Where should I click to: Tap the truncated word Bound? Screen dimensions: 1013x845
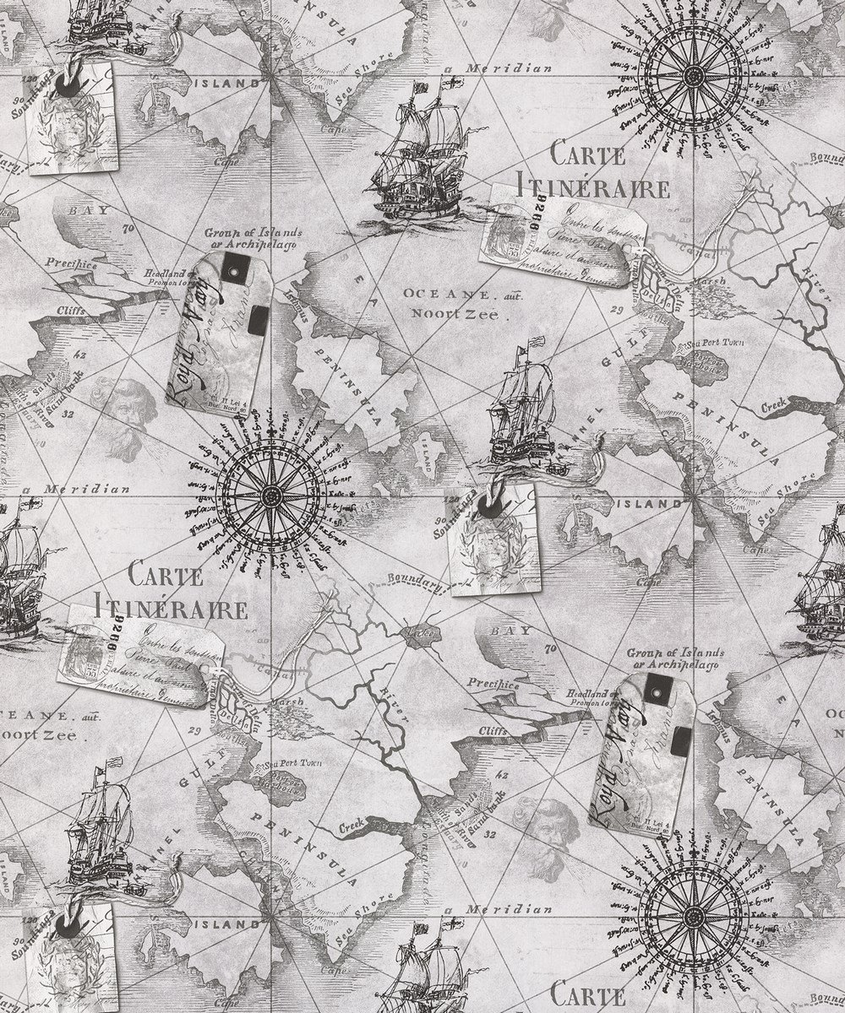pyautogui.click(x=826, y=158)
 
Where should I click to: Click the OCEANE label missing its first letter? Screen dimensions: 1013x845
pyautogui.click(x=25, y=716)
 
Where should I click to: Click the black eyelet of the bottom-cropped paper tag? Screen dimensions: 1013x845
pyautogui.click(x=74, y=924)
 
